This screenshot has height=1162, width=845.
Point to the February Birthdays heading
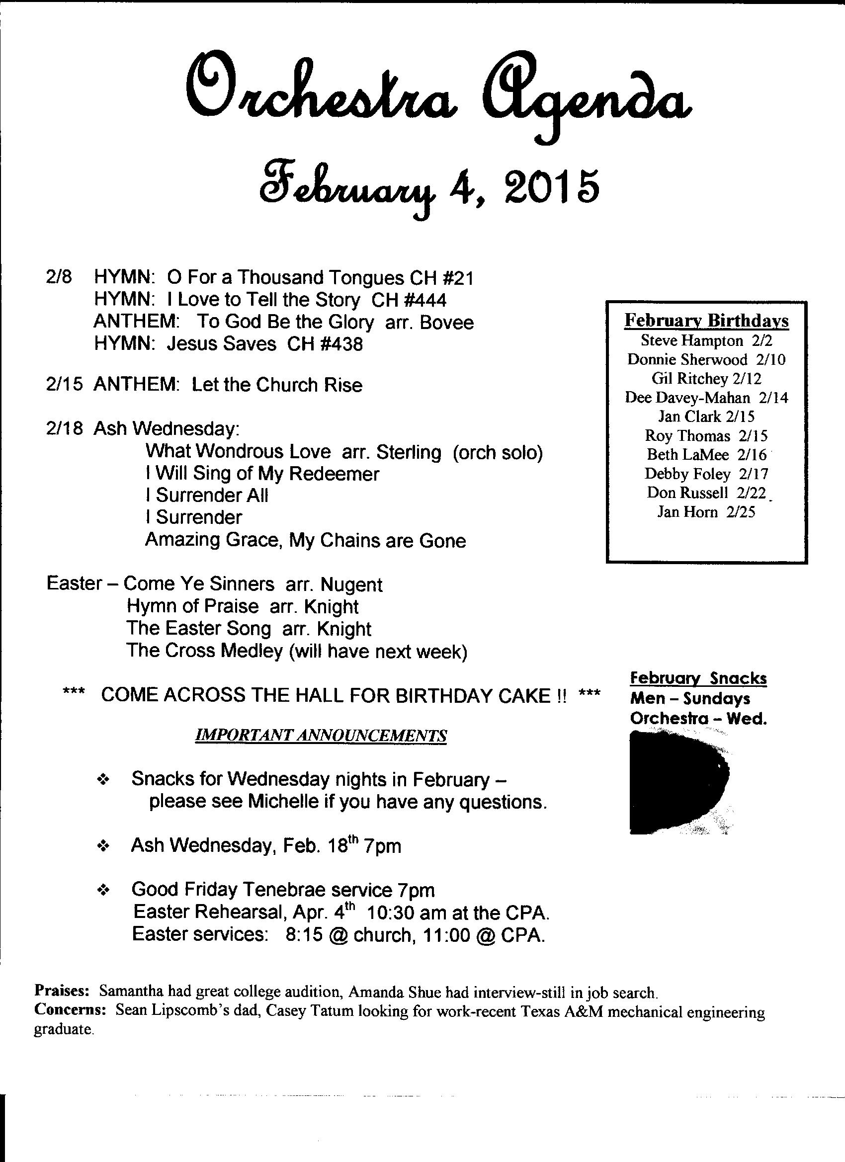[x=706, y=321]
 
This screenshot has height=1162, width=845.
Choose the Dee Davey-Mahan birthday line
[x=706, y=397]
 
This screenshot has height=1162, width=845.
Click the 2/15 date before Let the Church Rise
[x=64, y=385]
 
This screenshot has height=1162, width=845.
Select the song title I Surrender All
[x=206, y=495]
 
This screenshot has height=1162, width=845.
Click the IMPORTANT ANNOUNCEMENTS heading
[x=321, y=736]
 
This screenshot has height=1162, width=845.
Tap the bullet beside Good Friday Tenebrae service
[x=103, y=891]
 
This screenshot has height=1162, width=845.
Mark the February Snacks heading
[x=698, y=678]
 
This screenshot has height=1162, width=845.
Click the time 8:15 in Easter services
[x=304, y=935]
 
